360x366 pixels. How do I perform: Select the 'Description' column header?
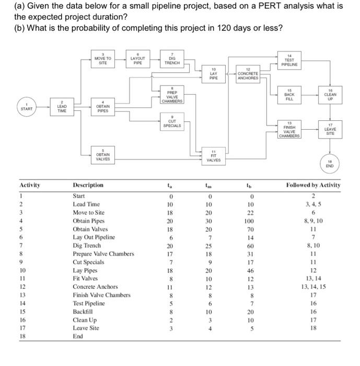coord(88,185)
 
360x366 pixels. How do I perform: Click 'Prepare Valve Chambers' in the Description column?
coord(103,254)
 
